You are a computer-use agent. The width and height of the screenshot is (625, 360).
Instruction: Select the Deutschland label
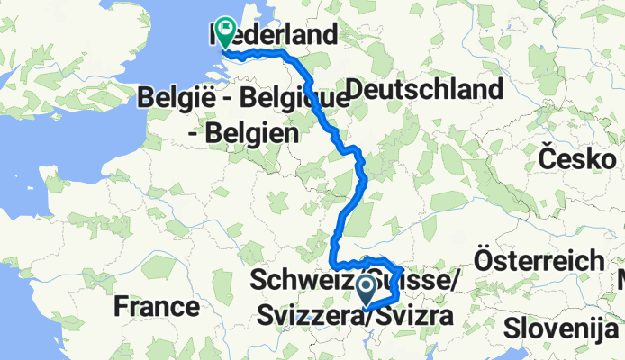click(423, 89)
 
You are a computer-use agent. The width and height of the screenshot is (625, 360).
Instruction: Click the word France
click(156, 307)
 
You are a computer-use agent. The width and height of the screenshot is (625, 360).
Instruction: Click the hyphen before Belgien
click(194, 135)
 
